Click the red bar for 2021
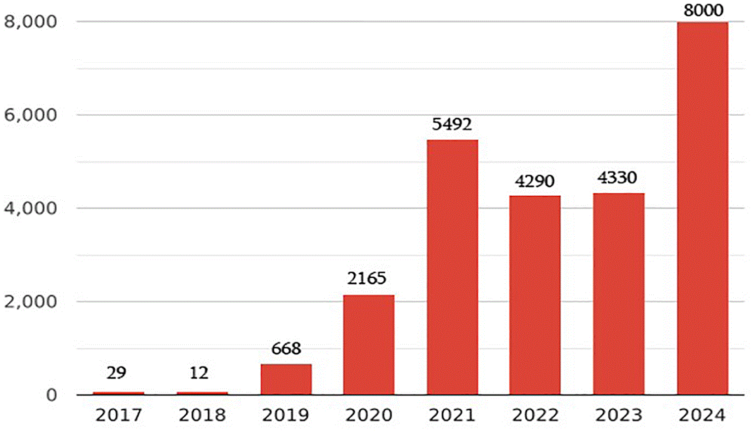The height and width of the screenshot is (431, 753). [x=453, y=267]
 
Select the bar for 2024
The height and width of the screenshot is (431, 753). [x=703, y=208]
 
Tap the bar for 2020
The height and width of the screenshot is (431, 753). [x=369, y=345]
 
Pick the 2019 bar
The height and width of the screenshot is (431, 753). [x=286, y=379]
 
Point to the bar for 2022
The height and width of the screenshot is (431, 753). [x=535, y=295]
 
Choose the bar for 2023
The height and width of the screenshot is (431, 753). [x=619, y=294]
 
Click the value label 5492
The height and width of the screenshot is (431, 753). [x=452, y=125]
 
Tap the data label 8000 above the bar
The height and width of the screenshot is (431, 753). [x=703, y=10]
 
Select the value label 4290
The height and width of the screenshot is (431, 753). [x=535, y=181]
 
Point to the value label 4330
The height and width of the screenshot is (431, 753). [x=617, y=177]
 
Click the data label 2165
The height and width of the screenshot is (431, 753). [x=367, y=278]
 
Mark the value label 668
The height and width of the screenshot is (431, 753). [x=286, y=348]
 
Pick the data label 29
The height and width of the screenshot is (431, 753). [x=116, y=373]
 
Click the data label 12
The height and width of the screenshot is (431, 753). [x=199, y=373]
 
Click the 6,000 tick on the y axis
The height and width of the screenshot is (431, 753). [x=30, y=115]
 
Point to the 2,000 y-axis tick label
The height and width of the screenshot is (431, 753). [x=30, y=302]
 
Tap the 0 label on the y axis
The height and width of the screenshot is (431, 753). [x=51, y=395]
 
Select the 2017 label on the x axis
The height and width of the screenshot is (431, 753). [x=119, y=415]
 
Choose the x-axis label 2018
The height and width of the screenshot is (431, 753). [x=203, y=415]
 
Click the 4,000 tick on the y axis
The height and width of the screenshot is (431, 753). [x=30, y=209]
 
